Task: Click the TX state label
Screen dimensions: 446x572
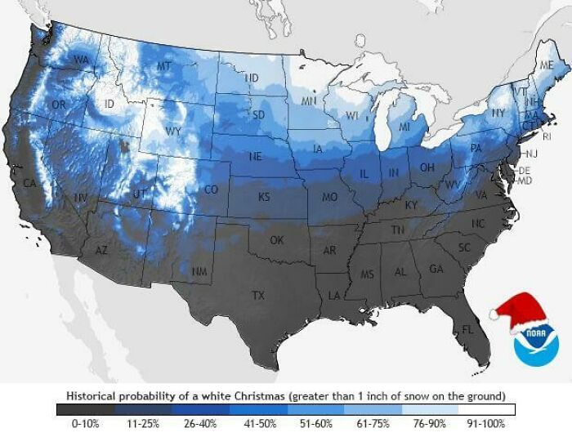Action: (259, 295)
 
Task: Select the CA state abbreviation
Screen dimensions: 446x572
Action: (30, 183)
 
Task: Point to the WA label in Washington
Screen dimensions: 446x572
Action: (81, 60)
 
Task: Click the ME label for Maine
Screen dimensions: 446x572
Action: (545, 65)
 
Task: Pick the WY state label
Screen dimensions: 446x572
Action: (173, 131)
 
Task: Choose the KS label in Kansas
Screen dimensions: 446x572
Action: (264, 197)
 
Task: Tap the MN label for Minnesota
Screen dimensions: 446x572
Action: (309, 101)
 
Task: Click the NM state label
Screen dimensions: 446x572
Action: (199, 270)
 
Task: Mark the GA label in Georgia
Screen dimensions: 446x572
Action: (436, 269)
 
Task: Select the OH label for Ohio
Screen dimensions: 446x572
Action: (427, 167)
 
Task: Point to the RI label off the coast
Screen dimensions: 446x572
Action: (547, 136)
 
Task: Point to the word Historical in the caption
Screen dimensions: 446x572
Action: (95, 395)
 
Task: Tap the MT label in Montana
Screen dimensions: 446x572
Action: (164, 65)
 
